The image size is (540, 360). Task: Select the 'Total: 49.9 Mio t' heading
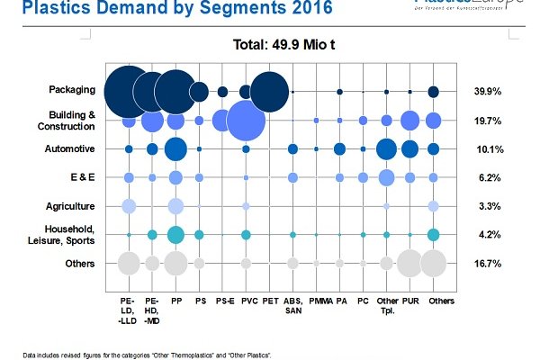[283, 42]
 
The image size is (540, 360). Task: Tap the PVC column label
[246, 298]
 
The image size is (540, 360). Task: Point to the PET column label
[268, 298]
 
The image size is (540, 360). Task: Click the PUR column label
[409, 298]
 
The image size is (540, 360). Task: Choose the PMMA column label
[316, 298]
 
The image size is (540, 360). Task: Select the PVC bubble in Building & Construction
[245, 121]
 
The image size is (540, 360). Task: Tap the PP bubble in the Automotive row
[175, 148]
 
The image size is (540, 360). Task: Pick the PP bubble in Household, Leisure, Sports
[175, 235]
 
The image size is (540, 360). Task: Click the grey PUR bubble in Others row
[409, 264]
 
